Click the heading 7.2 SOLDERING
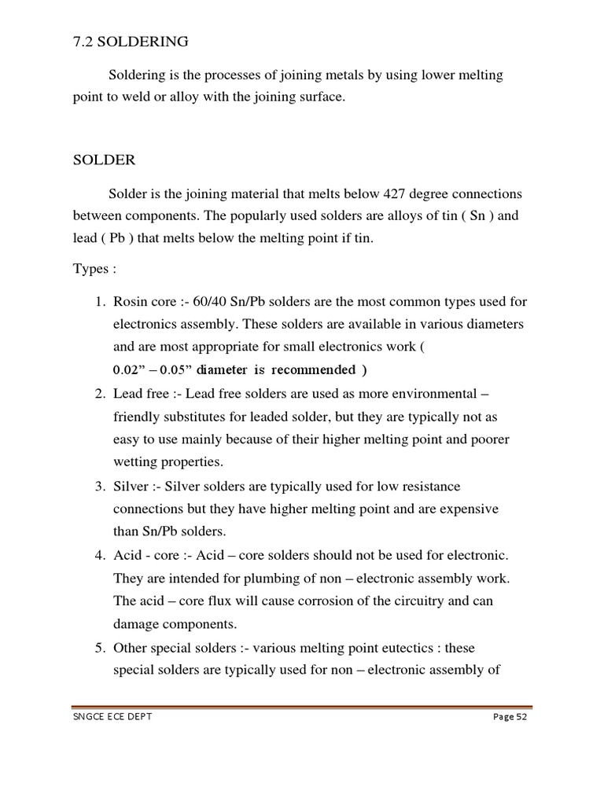(131, 40)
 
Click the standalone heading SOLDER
(104, 160)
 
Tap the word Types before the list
(90, 269)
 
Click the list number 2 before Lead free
(100, 393)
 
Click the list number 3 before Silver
(100, 487)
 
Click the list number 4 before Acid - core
(100, 556)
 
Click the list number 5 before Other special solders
(100, 649)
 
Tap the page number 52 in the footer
(520, 717)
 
